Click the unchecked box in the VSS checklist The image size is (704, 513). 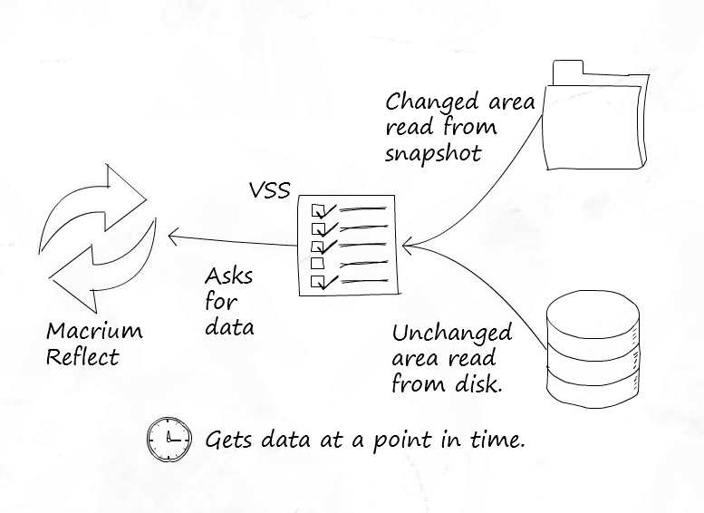coord(317,264)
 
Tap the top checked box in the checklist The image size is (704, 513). coord(318,210)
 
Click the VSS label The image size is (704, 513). coord(270,192)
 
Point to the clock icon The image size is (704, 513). coord(169,440)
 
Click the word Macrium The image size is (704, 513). coord(94,330)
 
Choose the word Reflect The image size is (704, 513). coord(82,356)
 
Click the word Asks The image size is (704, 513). coord(228,276)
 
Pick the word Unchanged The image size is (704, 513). coord(452,333)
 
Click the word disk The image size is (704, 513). coord(474,383)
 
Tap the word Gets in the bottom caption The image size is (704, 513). coord(229,440)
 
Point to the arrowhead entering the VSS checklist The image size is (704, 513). coord(407,244)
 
